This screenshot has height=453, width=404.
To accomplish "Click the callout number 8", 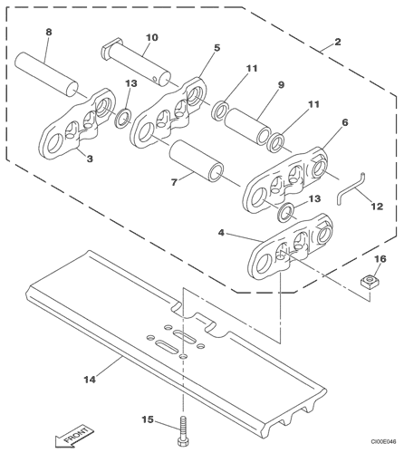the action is point(49,32).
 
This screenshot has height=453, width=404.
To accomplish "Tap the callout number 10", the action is point(151,37).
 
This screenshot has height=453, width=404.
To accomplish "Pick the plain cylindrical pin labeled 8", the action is point(46,74).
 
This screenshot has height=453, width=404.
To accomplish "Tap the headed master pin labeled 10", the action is point(136,60).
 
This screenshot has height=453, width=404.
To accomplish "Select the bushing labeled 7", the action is point(197,160).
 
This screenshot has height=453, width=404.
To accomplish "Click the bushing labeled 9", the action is point(247,127).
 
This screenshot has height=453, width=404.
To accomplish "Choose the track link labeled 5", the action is point(168,113).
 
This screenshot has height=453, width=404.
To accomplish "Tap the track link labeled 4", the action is point(291,246).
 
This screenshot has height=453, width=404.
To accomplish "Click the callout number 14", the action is point(90,380).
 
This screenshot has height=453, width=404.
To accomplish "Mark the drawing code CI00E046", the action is point(383,442).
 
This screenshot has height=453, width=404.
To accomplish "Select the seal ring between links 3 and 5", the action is point(123,118).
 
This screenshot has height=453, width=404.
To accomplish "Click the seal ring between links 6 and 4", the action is point(285,213).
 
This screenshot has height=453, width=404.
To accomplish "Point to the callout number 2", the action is point(338,42).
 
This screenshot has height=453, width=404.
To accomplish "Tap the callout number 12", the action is point(377,207).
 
